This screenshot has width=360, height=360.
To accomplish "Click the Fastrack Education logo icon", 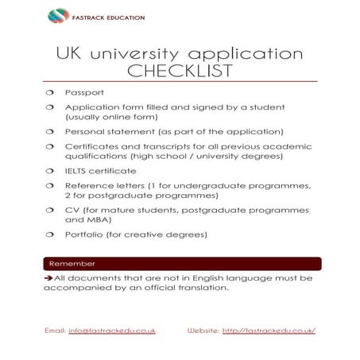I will [58, 15].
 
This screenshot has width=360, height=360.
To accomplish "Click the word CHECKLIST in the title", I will [180, 71].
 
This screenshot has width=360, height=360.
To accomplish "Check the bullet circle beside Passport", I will [48, 92].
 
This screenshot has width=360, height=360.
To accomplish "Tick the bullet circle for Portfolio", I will [48, 234].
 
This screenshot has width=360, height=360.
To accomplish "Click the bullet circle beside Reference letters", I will [48, 185].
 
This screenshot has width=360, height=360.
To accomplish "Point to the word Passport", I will [83, 92].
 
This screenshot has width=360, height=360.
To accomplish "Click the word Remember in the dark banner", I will [72, 263].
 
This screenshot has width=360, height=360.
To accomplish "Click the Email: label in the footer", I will [55, 330].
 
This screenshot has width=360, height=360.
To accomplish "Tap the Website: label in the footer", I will [203, 330].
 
